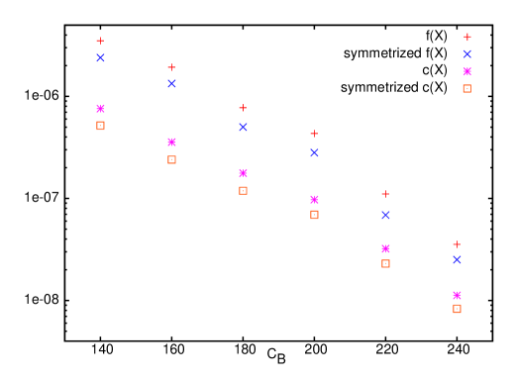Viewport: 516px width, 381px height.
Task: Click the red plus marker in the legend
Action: click(x=467, y=37)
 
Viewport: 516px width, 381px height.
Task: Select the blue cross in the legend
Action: click(x=467, y=54)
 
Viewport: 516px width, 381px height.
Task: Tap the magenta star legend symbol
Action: click(x=467, y=71)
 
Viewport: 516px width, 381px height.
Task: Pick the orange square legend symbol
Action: click(x=467, y=89)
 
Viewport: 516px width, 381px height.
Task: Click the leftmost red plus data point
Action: click(x=100, y=41)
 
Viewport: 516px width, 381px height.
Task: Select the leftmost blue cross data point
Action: click(x=100, y=58)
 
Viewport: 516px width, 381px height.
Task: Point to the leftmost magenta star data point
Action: click(x=100, y=109)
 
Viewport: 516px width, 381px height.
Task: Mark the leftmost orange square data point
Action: click(x=100, y=126)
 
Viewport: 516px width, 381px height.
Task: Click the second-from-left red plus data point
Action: click(x=171, y=67)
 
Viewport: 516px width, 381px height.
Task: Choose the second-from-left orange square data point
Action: click(x=171, y=159)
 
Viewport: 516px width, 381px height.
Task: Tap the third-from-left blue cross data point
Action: click(x=243, y=127)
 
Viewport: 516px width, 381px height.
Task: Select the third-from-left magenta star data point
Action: click(x=243, y=173)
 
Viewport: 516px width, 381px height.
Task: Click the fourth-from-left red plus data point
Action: click(x=314, y=134)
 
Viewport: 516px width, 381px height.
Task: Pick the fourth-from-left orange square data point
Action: click(x=314, y=215)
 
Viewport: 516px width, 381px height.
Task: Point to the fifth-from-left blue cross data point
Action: click(x=385, y=215)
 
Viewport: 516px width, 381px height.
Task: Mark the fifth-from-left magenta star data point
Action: click(x=385, y=249)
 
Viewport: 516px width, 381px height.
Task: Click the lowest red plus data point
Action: click(x=457, y=244)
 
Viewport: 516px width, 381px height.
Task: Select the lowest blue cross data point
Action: click(x=457, y=260)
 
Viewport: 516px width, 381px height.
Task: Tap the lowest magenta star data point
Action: click(x=457, y=296)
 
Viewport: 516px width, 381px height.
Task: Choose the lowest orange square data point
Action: click(x=457, y=309)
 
